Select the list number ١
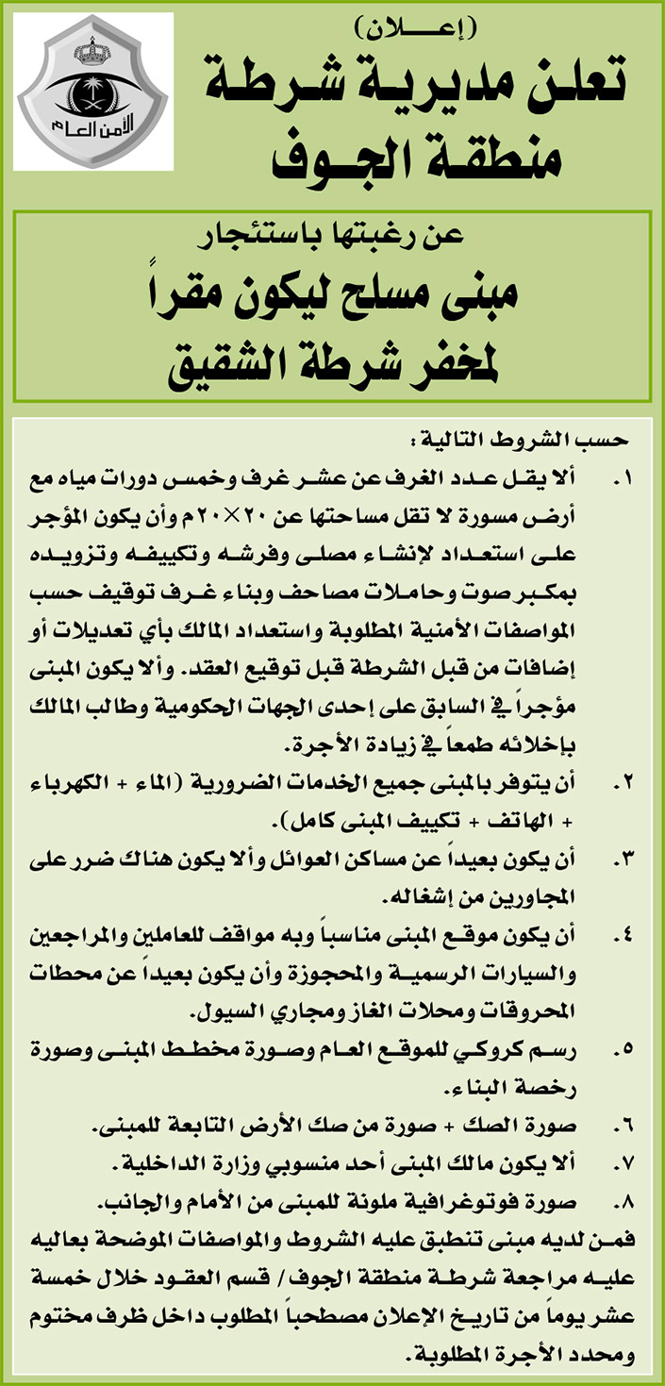pos(622,480)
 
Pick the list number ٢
pos(622,782)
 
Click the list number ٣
pos(622,859)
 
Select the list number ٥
pos(622,1049)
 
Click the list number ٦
pos(622,1127)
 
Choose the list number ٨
pos(622,1203)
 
